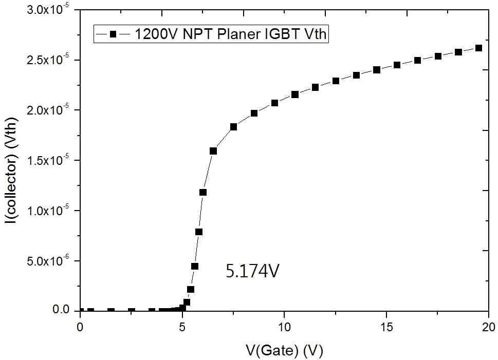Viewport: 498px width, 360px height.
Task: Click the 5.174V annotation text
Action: (x=252, y=271)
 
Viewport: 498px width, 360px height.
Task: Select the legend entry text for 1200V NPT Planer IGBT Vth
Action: (x=231, y=34)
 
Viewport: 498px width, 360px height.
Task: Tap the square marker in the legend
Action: (x=113, y=34)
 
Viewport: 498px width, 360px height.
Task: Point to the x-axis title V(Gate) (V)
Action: (x=284, y=350)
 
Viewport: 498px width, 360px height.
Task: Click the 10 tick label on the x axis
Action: (x=284, y=327)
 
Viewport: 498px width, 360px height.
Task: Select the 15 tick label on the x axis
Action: (x=386, y=327)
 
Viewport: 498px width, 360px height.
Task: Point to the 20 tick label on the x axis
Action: (x=488, y=327)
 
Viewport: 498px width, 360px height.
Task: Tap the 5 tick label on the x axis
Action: (x=182, y=327)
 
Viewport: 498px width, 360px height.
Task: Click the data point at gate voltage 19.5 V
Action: (x=478, y=48)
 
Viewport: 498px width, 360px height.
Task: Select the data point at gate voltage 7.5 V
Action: (x=233, y=127)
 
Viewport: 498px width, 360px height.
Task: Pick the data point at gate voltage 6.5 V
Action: (x=213, y=151)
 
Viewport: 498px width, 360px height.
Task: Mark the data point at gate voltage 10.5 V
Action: (x=295, y=94)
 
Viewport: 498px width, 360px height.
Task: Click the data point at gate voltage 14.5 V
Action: (x=377, y=70)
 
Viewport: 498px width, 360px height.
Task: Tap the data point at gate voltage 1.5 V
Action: (x=111, y=311)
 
